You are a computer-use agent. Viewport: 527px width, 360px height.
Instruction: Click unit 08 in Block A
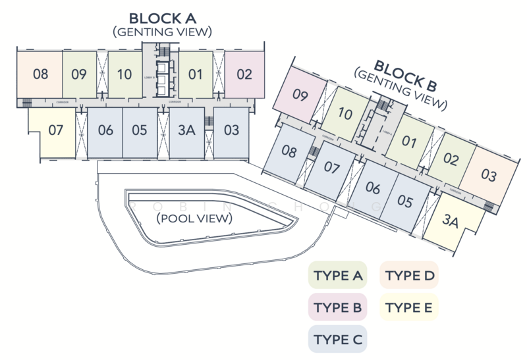coord(40,74)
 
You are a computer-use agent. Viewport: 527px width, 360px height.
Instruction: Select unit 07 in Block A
coord(55,130)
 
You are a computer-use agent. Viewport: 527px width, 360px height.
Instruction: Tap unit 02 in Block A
coord(244,74)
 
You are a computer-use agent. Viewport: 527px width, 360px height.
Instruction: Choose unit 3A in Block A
coord(187,130)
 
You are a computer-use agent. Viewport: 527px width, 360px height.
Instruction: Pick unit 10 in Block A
coord(125,74)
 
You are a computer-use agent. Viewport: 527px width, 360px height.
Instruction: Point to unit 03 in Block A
coord(231,130)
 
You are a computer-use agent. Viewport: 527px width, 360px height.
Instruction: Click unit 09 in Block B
coord(300,95)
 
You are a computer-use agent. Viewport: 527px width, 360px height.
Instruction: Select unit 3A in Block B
coord(451,221)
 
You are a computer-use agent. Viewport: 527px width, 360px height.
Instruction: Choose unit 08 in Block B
coord(289,152)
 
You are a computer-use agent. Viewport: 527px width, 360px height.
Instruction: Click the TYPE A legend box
coord(338,276)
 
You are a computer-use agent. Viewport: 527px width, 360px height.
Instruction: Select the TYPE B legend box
coord(338,307)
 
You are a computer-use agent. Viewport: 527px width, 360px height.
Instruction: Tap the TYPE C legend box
coord(338,339)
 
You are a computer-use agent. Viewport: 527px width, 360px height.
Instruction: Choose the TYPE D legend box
coord(409,276)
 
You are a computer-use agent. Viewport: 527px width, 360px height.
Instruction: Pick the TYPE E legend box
coord(409,307)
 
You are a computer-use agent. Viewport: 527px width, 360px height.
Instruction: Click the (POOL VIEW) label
coord(194,218)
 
